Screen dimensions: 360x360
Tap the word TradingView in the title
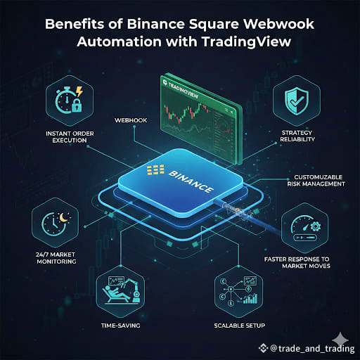pos(246,42)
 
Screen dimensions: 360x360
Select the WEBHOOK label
pos(131,120)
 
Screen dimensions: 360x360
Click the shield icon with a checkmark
pos(297,101)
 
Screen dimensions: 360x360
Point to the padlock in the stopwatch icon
pos(77,105)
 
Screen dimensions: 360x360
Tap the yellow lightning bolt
pos(79,91)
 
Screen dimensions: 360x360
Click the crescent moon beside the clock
pos(63,217)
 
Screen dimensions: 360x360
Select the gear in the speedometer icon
pos(315,226)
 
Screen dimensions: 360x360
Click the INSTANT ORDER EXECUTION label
pos(70,137)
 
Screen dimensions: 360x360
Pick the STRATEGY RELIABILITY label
pos(297,136)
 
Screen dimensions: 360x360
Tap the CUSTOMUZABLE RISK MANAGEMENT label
pos(316,181)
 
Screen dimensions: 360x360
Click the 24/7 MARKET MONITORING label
pos(56,258)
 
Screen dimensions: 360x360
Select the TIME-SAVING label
pos(121,326)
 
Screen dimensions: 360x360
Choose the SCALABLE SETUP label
pos(239,326)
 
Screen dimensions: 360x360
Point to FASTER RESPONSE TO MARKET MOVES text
pos(297,262)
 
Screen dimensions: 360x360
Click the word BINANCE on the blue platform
pos(191,181)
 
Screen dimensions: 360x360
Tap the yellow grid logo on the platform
pos(155,169)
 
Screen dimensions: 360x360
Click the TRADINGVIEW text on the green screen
pos(184,91)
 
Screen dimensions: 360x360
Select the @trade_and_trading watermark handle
pos(312,349)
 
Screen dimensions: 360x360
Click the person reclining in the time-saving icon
pos(115,295)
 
